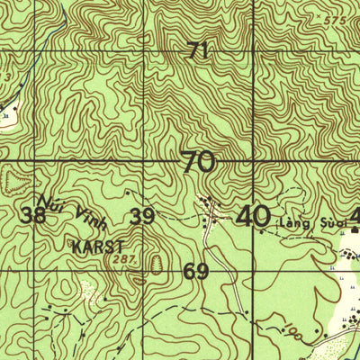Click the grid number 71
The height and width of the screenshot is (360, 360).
[x=199, y=52]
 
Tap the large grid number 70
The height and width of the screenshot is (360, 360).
[x=198, y=163]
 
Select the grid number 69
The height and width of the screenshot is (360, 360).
[x=195, y=271]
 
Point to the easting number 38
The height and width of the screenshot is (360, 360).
[x=34, y=215]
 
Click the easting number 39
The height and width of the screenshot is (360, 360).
[x=141, y=216]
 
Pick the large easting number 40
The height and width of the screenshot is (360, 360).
[x=252, y=216]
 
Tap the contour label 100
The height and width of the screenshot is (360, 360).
[x=292, y=333]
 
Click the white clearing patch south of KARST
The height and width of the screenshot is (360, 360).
[x=88, y=291]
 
